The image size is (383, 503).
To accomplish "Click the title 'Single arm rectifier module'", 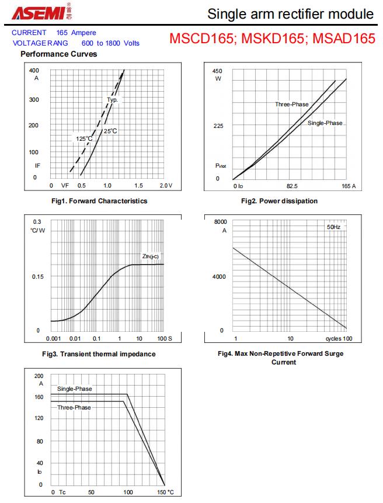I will [x=290, y=13].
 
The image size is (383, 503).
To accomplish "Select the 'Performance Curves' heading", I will [x=58, y=54].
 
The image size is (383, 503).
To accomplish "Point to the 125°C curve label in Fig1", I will [x=84, y=138].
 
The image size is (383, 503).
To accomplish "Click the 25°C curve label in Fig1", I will [x=110, y=131].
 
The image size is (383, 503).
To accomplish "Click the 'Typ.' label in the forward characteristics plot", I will [x=113, y=100].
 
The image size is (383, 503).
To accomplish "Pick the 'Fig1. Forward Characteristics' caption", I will [x=99, y=201].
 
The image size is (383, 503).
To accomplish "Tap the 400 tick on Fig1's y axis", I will [x=34, y=70].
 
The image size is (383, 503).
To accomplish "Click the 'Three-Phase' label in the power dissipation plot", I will [x=292, y=105].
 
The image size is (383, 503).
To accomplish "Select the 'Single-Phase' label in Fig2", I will [x=325, y=123].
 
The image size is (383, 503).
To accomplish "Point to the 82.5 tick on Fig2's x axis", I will [x=292, y=186].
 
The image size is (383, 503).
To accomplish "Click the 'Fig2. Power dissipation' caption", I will [x=279, y=201].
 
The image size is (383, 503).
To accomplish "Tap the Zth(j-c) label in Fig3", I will [x=150, y=256].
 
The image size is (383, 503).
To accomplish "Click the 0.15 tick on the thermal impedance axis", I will [x=38, y=276].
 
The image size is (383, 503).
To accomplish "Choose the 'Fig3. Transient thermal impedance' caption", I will [x=99, y=353].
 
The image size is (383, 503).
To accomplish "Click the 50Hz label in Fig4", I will [x=333, y=226].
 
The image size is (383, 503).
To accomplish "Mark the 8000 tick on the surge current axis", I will [x=220, y=222].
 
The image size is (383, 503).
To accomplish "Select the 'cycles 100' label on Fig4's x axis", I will [x=339, y=339].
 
